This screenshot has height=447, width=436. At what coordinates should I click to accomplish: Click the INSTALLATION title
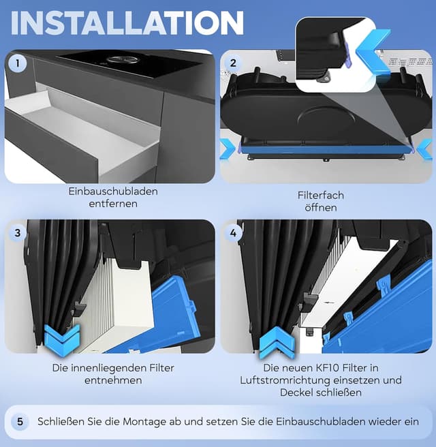coord(127,22)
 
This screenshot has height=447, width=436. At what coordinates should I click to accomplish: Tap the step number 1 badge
coord(18,63)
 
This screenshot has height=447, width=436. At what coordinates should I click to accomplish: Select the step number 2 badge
coord(233,63)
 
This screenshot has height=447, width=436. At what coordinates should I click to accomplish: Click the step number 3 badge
coord(18,232)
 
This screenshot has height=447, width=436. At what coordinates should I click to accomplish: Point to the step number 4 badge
coord(233,232)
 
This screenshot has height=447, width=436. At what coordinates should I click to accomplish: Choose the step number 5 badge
coord(20,422)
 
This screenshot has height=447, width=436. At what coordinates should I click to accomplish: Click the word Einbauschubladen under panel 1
coord(113,191)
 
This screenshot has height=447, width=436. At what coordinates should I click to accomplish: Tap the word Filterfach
coord(321,196)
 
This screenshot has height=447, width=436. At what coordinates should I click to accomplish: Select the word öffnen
coord(321,208)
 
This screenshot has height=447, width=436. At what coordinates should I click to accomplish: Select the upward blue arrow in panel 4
coord(277,343)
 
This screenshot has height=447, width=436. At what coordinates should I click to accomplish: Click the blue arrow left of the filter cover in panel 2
coord(228,149)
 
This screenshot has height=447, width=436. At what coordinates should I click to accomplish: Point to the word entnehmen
coord(113,380)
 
